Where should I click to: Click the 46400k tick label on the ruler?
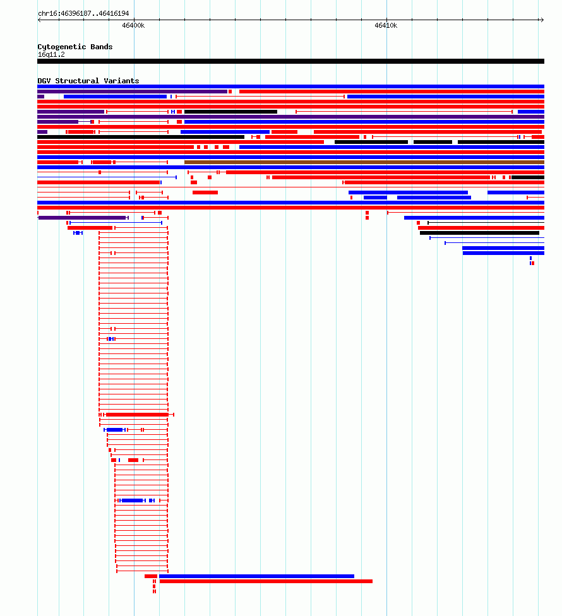133,25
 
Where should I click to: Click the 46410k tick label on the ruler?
386,25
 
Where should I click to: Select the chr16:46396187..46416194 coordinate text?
83,13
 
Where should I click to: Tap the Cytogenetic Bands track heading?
75,47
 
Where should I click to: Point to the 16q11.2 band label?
51,55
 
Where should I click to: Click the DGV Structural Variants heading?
88,81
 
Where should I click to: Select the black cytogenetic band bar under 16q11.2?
291,61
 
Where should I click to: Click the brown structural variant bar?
364,162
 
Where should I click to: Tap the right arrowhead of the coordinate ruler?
542,20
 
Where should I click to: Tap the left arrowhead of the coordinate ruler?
39,20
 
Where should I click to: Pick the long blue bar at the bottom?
256,576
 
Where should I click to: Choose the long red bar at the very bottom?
266,581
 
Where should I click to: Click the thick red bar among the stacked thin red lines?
138,415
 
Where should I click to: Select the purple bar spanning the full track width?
291,117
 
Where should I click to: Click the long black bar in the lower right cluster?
479,233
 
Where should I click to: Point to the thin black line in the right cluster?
486,223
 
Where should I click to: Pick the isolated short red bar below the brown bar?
205,192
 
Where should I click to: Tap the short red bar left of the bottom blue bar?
151,576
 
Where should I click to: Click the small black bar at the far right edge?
528,177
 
